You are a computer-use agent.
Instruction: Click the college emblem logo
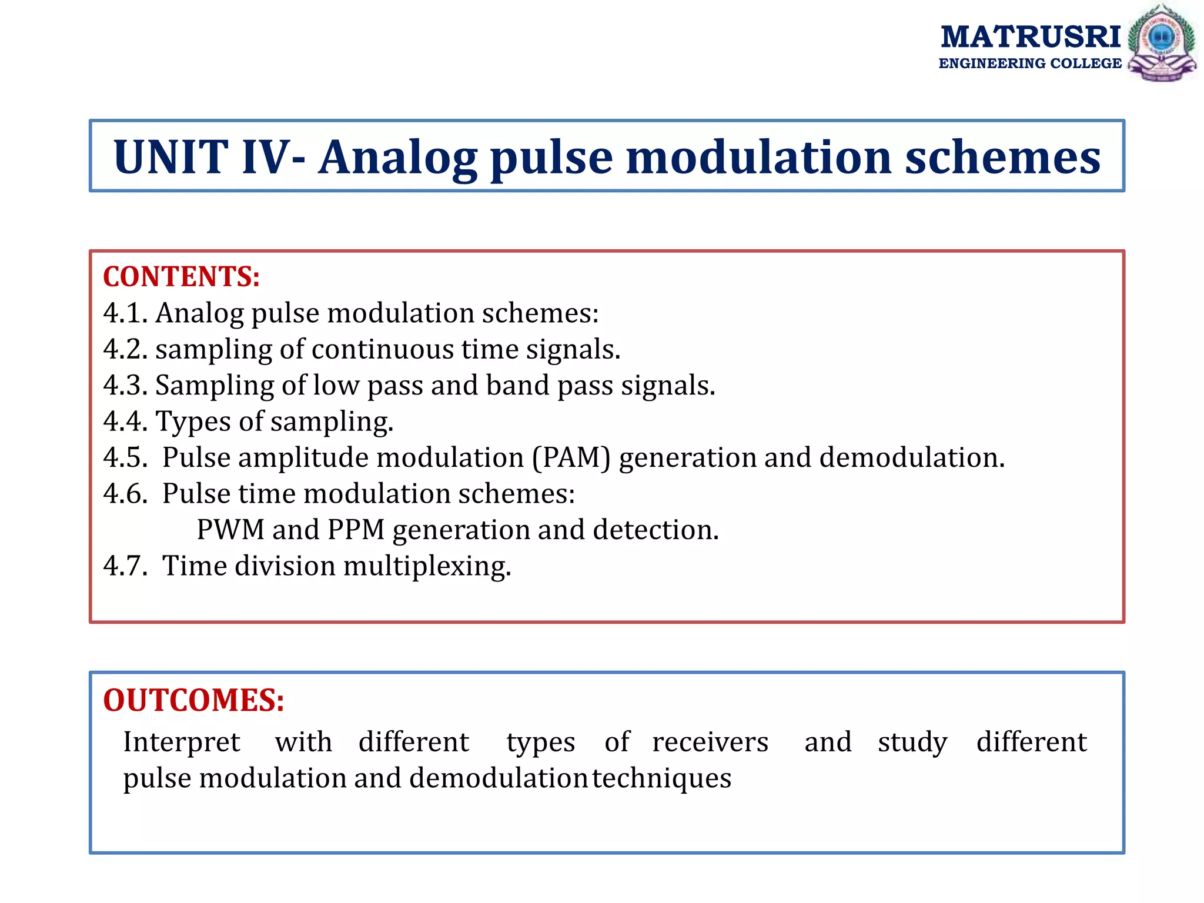pos(1162,42)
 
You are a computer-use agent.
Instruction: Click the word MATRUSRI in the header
pos(1031,37)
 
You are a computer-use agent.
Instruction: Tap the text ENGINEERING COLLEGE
pos(1030,63)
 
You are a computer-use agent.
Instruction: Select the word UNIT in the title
pos(170,157)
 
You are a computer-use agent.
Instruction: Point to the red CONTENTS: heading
pos(181,277)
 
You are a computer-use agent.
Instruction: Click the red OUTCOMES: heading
pos(193,700)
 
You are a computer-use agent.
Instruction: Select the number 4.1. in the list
pos(125,313)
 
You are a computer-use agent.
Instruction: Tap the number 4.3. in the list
pos(125,386)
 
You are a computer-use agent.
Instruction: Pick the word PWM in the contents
pos(230,530)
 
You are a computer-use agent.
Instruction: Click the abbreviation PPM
pos(356,530)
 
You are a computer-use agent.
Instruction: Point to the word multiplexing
pos(427,567)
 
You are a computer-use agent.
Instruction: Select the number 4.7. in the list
pos(125,566)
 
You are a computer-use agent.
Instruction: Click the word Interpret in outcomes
pos(181,743)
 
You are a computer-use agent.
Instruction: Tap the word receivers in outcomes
pos(710,743)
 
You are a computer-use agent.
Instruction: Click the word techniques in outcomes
pos(661,778)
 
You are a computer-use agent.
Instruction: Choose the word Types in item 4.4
pos(193,422)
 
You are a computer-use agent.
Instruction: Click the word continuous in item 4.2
pos(382,349)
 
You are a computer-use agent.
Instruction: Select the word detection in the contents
pos(655,530)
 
